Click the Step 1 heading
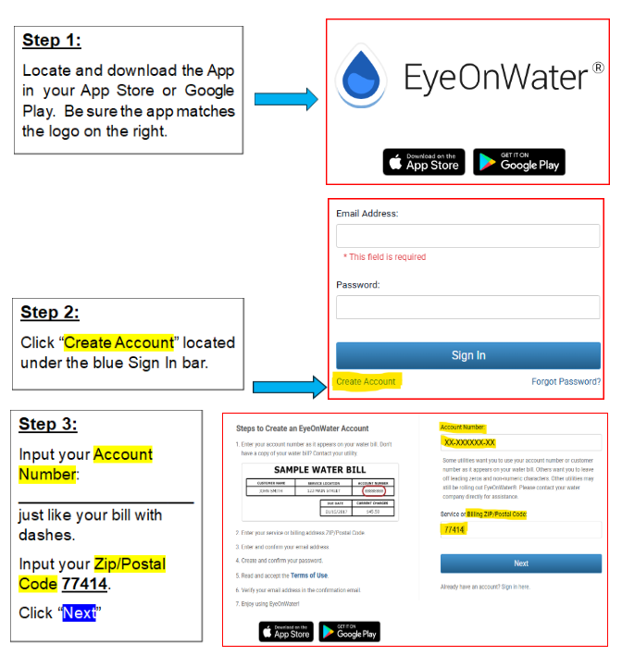tap(51, 41)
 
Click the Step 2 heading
tap(50, 313)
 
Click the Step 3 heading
tap(48, 425)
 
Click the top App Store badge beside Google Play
tap(423, 162)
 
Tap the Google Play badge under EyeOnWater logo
tap(518, 162)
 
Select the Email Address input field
tap(467, 236)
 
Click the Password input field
tap(467, 307)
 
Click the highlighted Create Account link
tap(366, 381)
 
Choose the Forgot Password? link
tap(566, 381)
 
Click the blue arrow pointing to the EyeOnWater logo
tap(285, 100)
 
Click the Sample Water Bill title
tap(319, 470)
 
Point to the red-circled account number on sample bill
tap(374, 491)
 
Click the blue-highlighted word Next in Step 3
tap(80, 613)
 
